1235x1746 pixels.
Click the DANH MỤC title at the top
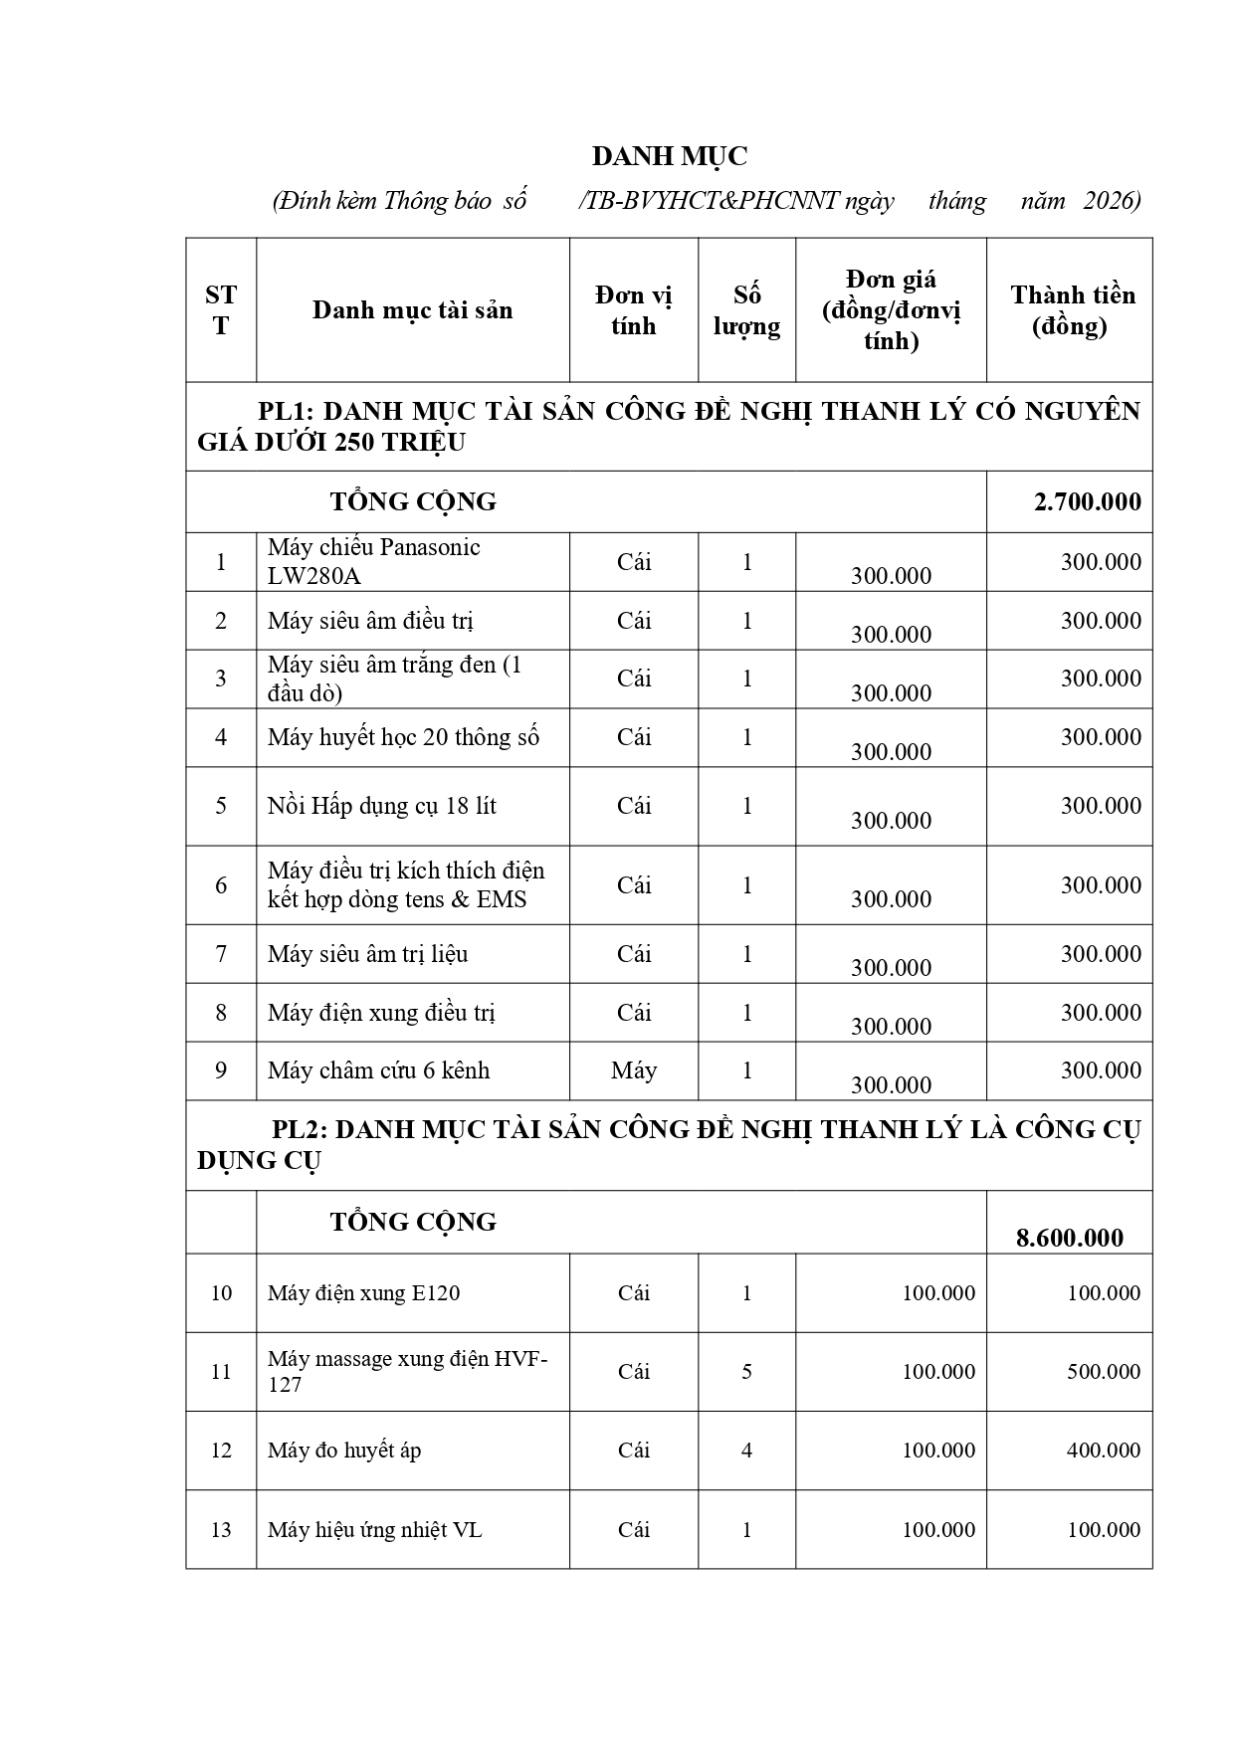click(669, 156)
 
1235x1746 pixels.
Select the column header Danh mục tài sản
click(412, 310)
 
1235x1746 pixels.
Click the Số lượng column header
click(746, 310)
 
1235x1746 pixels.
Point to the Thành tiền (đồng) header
click(1072, 310)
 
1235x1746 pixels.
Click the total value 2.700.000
click(1087, 501)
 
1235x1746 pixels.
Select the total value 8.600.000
click(1069, 1238)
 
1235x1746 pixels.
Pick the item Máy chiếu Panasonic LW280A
click(373, 561)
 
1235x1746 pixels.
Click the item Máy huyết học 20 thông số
click(403, 737)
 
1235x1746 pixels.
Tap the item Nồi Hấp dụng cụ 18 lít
click(381, 806)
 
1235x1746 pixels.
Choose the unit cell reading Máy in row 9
click(634, 1070)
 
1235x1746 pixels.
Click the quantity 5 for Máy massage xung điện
click(746, 1372)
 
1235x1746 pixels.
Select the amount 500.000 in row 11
click(1103, 1372)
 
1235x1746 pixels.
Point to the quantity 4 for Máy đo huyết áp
click(746, 1451)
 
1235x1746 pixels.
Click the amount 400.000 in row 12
click(1103, 1451)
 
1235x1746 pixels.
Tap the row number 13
click(221, 1530)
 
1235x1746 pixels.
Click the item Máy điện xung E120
click(363, 1293)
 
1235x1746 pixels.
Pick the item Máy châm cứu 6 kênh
click(378, 1070)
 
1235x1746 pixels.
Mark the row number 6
click(221, 885)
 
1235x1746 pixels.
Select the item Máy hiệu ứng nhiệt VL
click(374, 1530)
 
